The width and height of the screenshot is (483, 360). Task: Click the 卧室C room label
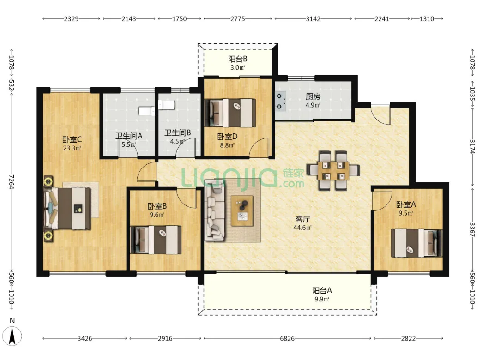click(x=72, y=139)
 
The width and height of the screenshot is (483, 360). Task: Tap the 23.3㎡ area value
click(x=72, y=148)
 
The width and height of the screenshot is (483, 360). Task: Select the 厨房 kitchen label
click(x=313, y=97)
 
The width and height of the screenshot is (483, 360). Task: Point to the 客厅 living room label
click(x=302, y=219)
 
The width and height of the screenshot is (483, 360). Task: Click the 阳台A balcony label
click(x=322, y=290)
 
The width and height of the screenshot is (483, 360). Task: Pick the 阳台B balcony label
click(x=237, y=59)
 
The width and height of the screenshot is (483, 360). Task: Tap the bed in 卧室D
click(x=230, y=113)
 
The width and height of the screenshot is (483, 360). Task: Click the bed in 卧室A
click(x=417, y=243)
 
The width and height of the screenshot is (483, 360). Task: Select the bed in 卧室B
click(x=156, y=240)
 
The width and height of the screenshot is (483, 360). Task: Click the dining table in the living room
click(x=333, y=170)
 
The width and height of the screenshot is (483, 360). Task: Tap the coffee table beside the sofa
click(x=242, y=211)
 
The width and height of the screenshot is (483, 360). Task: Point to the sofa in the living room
click(x=214, y=210)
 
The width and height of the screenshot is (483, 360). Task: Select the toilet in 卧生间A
click(x=147, y=111)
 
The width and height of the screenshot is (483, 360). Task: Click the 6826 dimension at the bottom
click(x=287, y=338)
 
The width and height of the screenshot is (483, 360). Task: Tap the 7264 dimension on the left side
click(x=12, y=182)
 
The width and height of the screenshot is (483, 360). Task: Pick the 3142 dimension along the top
click(x=313, y=19)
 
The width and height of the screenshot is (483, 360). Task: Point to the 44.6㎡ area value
click(x=302, y=228)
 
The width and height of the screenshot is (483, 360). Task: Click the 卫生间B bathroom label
click(x=177, y=133)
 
